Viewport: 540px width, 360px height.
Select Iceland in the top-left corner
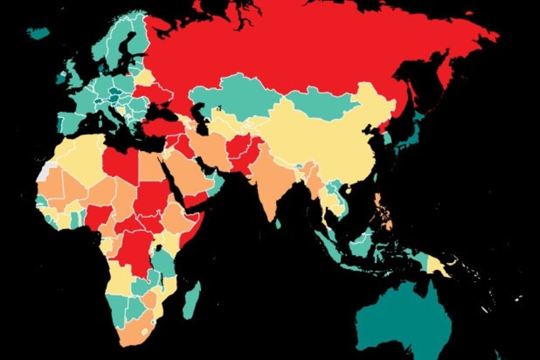pos(38,33)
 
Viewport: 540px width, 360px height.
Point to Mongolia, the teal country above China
pos(322,103)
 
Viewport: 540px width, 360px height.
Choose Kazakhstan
pos(237,95)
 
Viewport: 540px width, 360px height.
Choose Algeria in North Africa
pos(84,158)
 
